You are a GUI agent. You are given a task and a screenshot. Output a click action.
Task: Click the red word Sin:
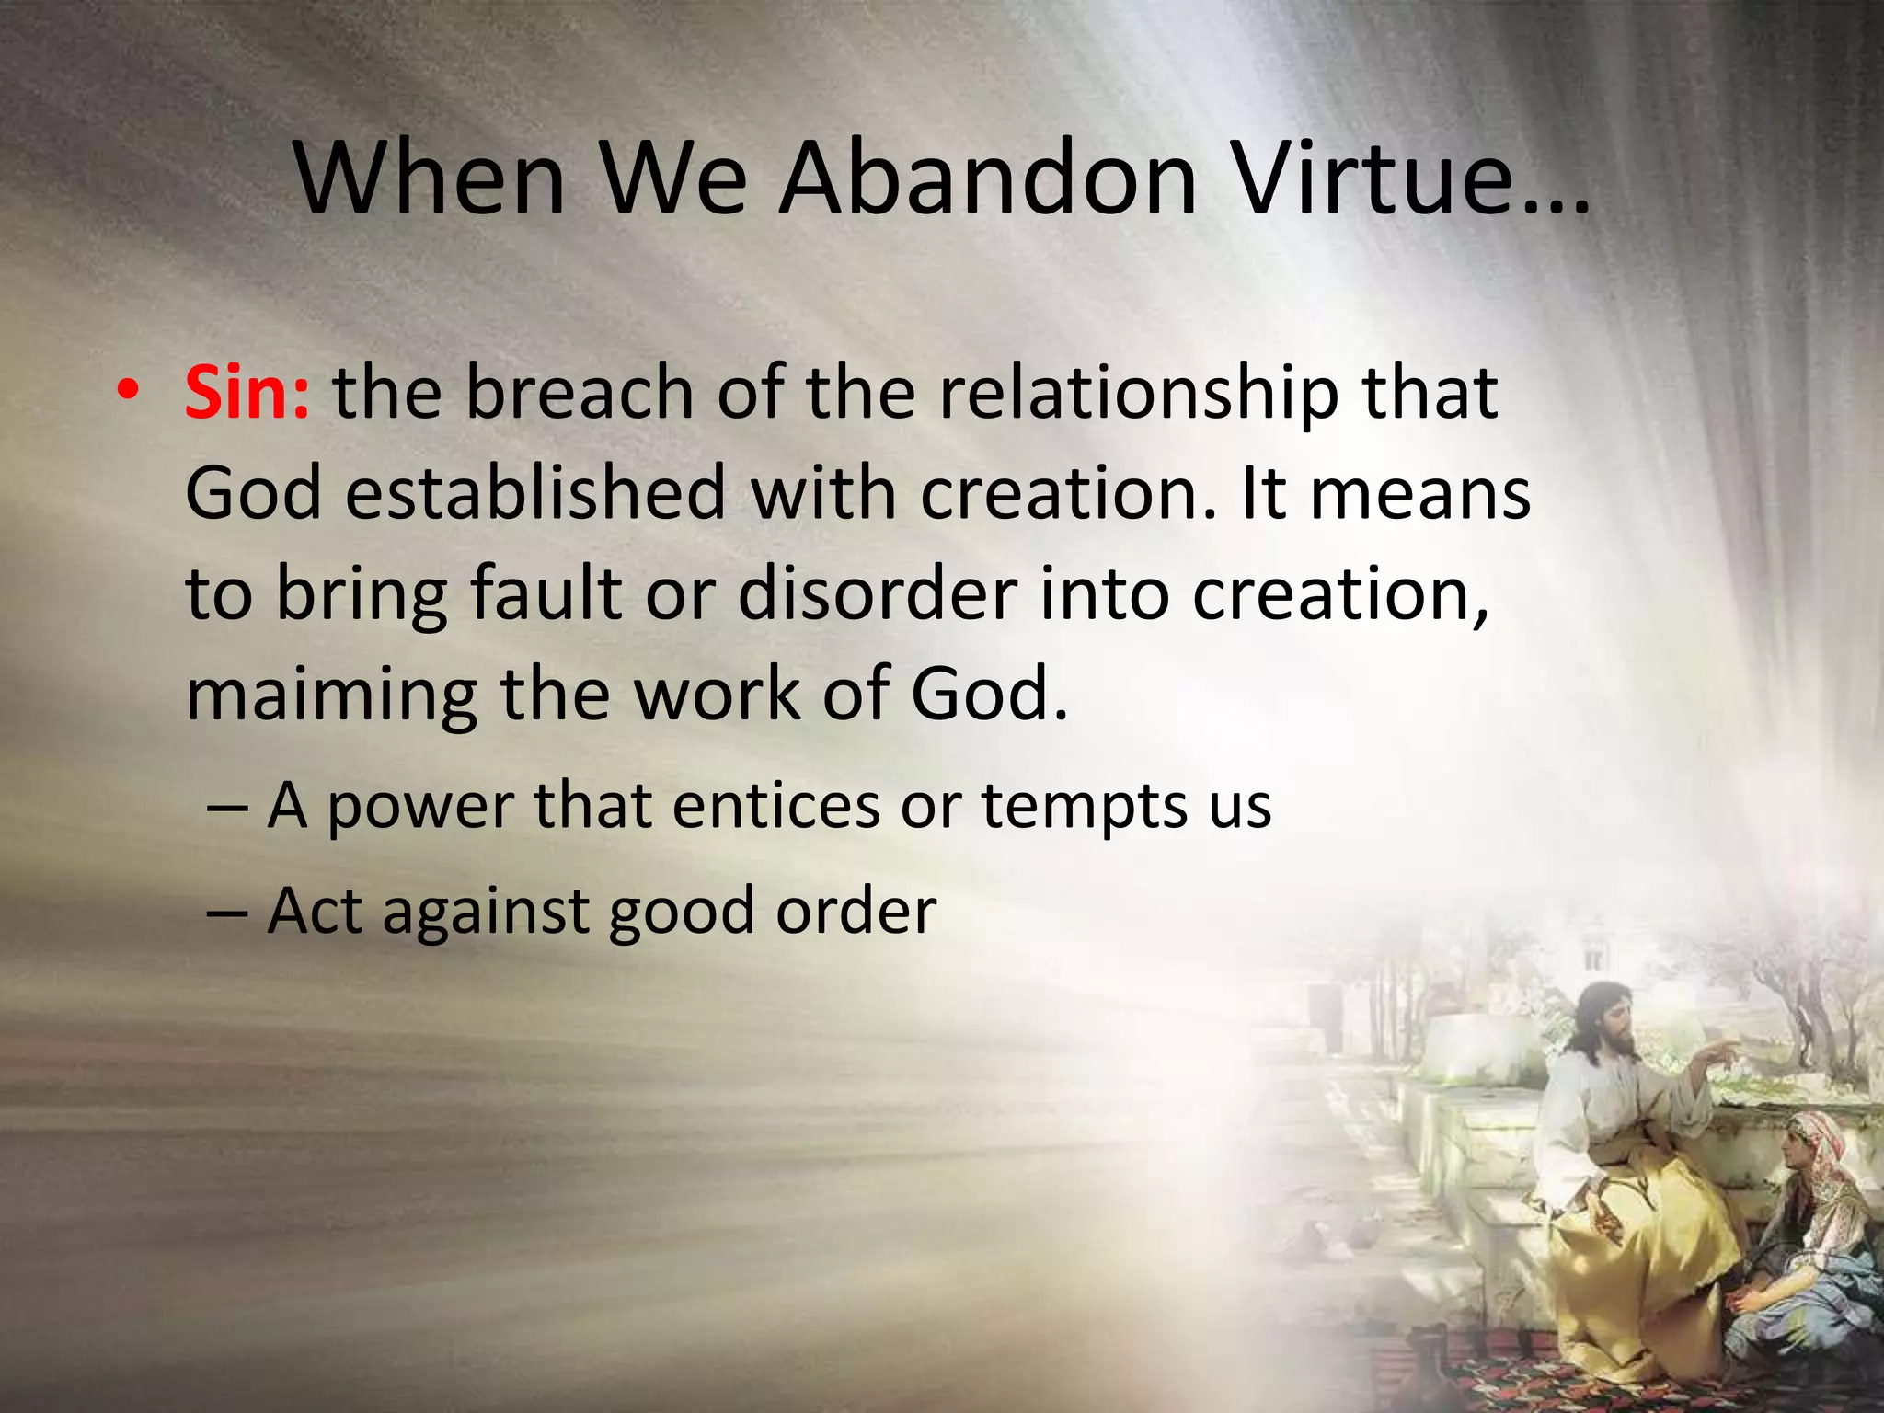(247, 394)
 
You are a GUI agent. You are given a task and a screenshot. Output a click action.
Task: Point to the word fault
(546, 593)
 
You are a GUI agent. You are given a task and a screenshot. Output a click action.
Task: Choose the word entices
(775, 807)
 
